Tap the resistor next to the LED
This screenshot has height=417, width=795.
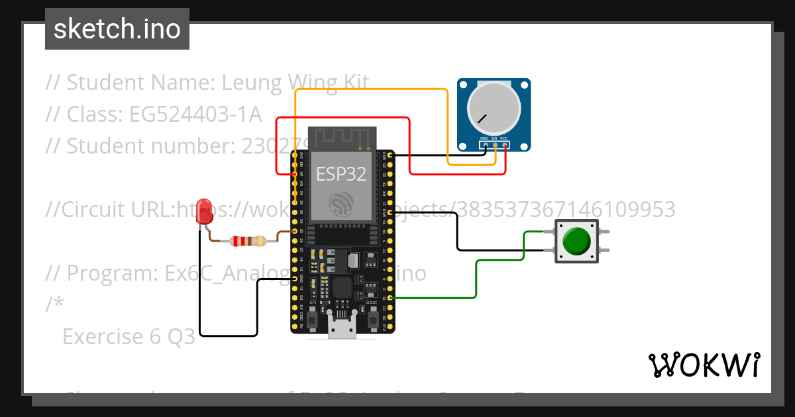coord(248,242)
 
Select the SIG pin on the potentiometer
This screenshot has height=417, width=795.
coord(495,145)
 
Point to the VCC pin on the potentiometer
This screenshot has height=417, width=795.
coord(505,145)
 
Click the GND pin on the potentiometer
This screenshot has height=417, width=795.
coord(485,145)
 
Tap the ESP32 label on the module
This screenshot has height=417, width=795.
coord(341,174)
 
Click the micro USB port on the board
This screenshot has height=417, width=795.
coord(343,329)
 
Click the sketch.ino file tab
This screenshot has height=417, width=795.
coord(117,29)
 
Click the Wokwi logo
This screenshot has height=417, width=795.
coord(704,365)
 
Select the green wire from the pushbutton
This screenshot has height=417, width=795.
coord(476,278)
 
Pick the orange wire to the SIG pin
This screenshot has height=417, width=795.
coord(371,89)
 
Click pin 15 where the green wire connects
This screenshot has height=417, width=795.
coord(390,299)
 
